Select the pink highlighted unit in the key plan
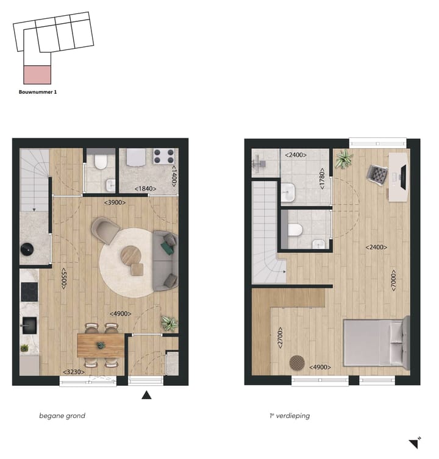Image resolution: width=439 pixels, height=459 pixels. [37, 74]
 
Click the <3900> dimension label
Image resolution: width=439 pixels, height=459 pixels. [115, 202]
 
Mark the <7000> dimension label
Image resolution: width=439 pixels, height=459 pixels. [394, 280]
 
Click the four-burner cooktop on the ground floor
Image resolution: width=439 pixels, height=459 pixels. [163, 156]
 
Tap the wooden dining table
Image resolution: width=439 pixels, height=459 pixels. [101, 344]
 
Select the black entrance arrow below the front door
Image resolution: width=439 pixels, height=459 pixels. [146, 395]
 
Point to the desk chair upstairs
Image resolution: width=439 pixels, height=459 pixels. [376, 174]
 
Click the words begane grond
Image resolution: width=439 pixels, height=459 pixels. [62, 416]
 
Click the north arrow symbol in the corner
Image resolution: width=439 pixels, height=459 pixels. [415, 443]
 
